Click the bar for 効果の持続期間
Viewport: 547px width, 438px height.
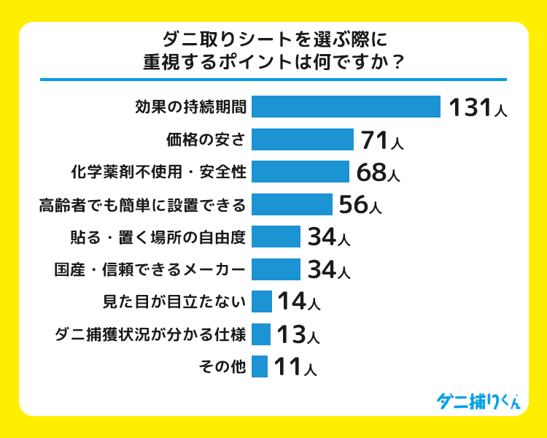click(346, 107)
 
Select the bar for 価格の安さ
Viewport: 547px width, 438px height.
click(303, 139)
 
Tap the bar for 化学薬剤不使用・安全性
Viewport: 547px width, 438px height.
click(300, 172)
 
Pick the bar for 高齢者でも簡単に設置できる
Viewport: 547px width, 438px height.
click(292, 204)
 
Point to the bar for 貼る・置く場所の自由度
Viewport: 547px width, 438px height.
click(276, 237)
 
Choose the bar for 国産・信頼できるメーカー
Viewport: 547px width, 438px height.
click(276, 269)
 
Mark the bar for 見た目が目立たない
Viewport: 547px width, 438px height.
click(262, 301)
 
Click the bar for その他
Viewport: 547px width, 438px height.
click(260, 366)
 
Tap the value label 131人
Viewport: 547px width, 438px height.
click(476, 108)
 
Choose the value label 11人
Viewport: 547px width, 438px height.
click(295, 366)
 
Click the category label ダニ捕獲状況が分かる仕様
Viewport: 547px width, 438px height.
click(150, 334)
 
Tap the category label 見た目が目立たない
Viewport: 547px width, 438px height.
click(175, 301)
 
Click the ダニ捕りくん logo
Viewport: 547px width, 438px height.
click(478, 400)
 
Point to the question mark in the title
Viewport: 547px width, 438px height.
click(397, 61)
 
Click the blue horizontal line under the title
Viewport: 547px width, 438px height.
click(273, 79)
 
